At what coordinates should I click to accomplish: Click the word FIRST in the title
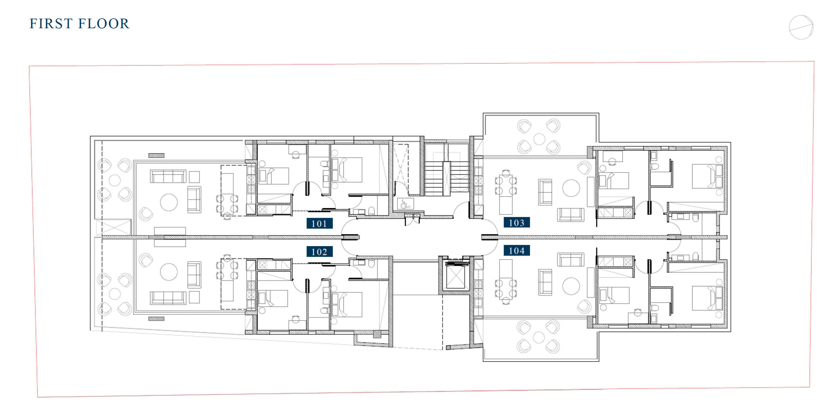[51, 24]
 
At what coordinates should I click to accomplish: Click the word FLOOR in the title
[104, 24]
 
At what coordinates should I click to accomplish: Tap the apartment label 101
[319, 224]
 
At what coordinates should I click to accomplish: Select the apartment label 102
[319, 252]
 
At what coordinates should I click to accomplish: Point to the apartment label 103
[517, 223]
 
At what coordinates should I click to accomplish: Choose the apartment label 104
[517, 251]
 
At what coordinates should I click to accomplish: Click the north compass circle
[801, 27]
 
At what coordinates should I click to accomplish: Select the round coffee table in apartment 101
[169, 202]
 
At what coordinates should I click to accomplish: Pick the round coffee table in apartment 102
[169, 271]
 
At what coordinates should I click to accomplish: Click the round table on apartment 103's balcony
[539, 139]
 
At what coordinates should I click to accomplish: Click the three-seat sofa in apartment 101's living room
[168, 176]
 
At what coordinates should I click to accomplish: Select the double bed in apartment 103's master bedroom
[707, 176]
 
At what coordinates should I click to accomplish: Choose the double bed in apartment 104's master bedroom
[707, 298]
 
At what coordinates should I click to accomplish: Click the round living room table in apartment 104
[571, 286]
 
